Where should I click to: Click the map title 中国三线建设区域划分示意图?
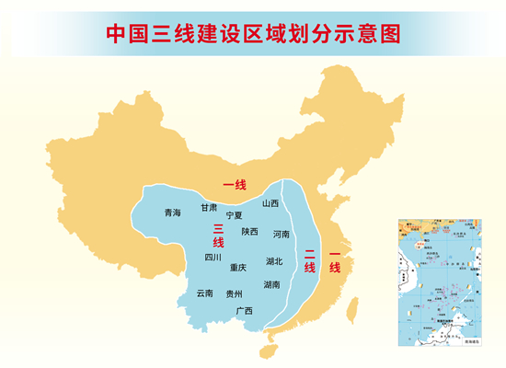point(253,34)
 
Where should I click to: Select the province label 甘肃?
point(210,207)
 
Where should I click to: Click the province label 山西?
point(270,203)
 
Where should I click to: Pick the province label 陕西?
point(250,232)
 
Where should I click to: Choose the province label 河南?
point(282,234)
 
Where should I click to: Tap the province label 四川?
point(213,258)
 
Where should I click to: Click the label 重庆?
point(238,267)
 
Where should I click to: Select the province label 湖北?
point(274,261)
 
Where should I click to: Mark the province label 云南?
point(204,293)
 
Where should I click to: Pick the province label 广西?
point(244,310)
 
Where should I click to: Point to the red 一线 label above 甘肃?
point(235,185)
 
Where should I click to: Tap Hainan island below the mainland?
point(269,349)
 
